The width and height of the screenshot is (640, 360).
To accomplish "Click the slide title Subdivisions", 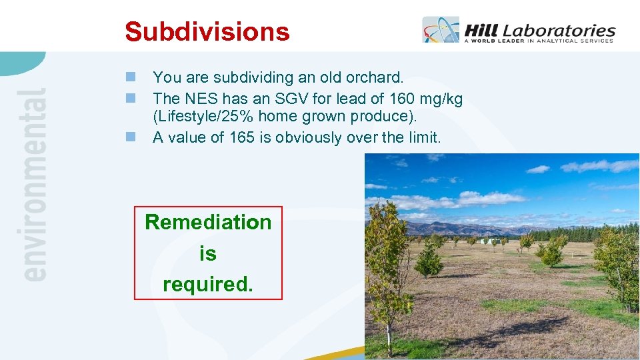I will point(207,31).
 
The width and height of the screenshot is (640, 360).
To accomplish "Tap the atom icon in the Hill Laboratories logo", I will point(441,31).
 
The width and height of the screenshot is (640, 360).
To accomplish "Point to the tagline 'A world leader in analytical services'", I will point(539,41).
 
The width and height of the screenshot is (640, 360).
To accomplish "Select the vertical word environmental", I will point(33,184).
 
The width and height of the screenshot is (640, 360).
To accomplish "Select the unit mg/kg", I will point(440,99).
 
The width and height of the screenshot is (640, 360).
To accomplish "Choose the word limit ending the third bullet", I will point(423,137).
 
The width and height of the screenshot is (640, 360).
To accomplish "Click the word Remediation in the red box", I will point(208,222).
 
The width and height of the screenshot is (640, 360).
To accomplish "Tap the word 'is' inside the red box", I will point(208,253).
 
